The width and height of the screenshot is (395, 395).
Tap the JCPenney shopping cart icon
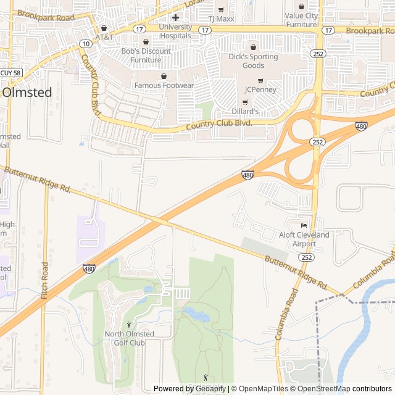coord(260,80)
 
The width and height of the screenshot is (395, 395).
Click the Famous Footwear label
coord(164,85)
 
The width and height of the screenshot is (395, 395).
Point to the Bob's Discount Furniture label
coord(146,56)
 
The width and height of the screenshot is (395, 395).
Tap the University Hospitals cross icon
coord(175,17)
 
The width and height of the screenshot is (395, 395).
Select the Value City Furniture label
coord(301,20)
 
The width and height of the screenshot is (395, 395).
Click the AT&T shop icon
coord(104,28)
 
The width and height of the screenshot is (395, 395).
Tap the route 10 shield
coord(85,43)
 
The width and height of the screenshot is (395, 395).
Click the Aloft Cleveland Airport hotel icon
coord(303,225)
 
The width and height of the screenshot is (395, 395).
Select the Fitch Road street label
coord(44,281)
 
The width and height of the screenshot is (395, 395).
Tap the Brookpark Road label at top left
coord(46,15)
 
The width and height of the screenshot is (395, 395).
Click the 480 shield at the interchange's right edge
coord(362,127)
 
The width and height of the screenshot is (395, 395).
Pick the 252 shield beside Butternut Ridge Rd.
coord(307,257)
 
